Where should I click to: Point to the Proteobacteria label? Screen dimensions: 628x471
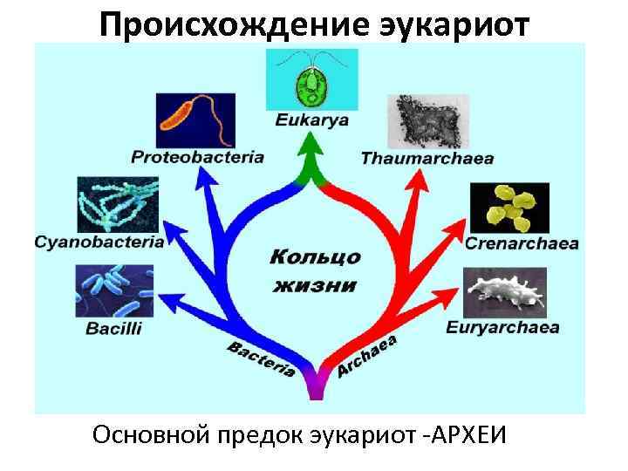tap(198, 158)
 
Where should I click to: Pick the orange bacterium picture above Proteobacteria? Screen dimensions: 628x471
tap(195, 119)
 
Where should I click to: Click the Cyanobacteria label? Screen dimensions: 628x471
tap(99, 242)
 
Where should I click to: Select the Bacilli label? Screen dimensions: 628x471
tap(113, 329)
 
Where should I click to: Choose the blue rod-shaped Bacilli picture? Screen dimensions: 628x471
tap(113, 291)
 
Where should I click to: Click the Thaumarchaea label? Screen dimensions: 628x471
tap(427, 159)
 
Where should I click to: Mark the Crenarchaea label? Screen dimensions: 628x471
tap(522, 243)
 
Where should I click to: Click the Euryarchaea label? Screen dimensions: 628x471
tap(502, 328)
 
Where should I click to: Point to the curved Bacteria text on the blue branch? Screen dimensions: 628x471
tap(260, 358)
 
